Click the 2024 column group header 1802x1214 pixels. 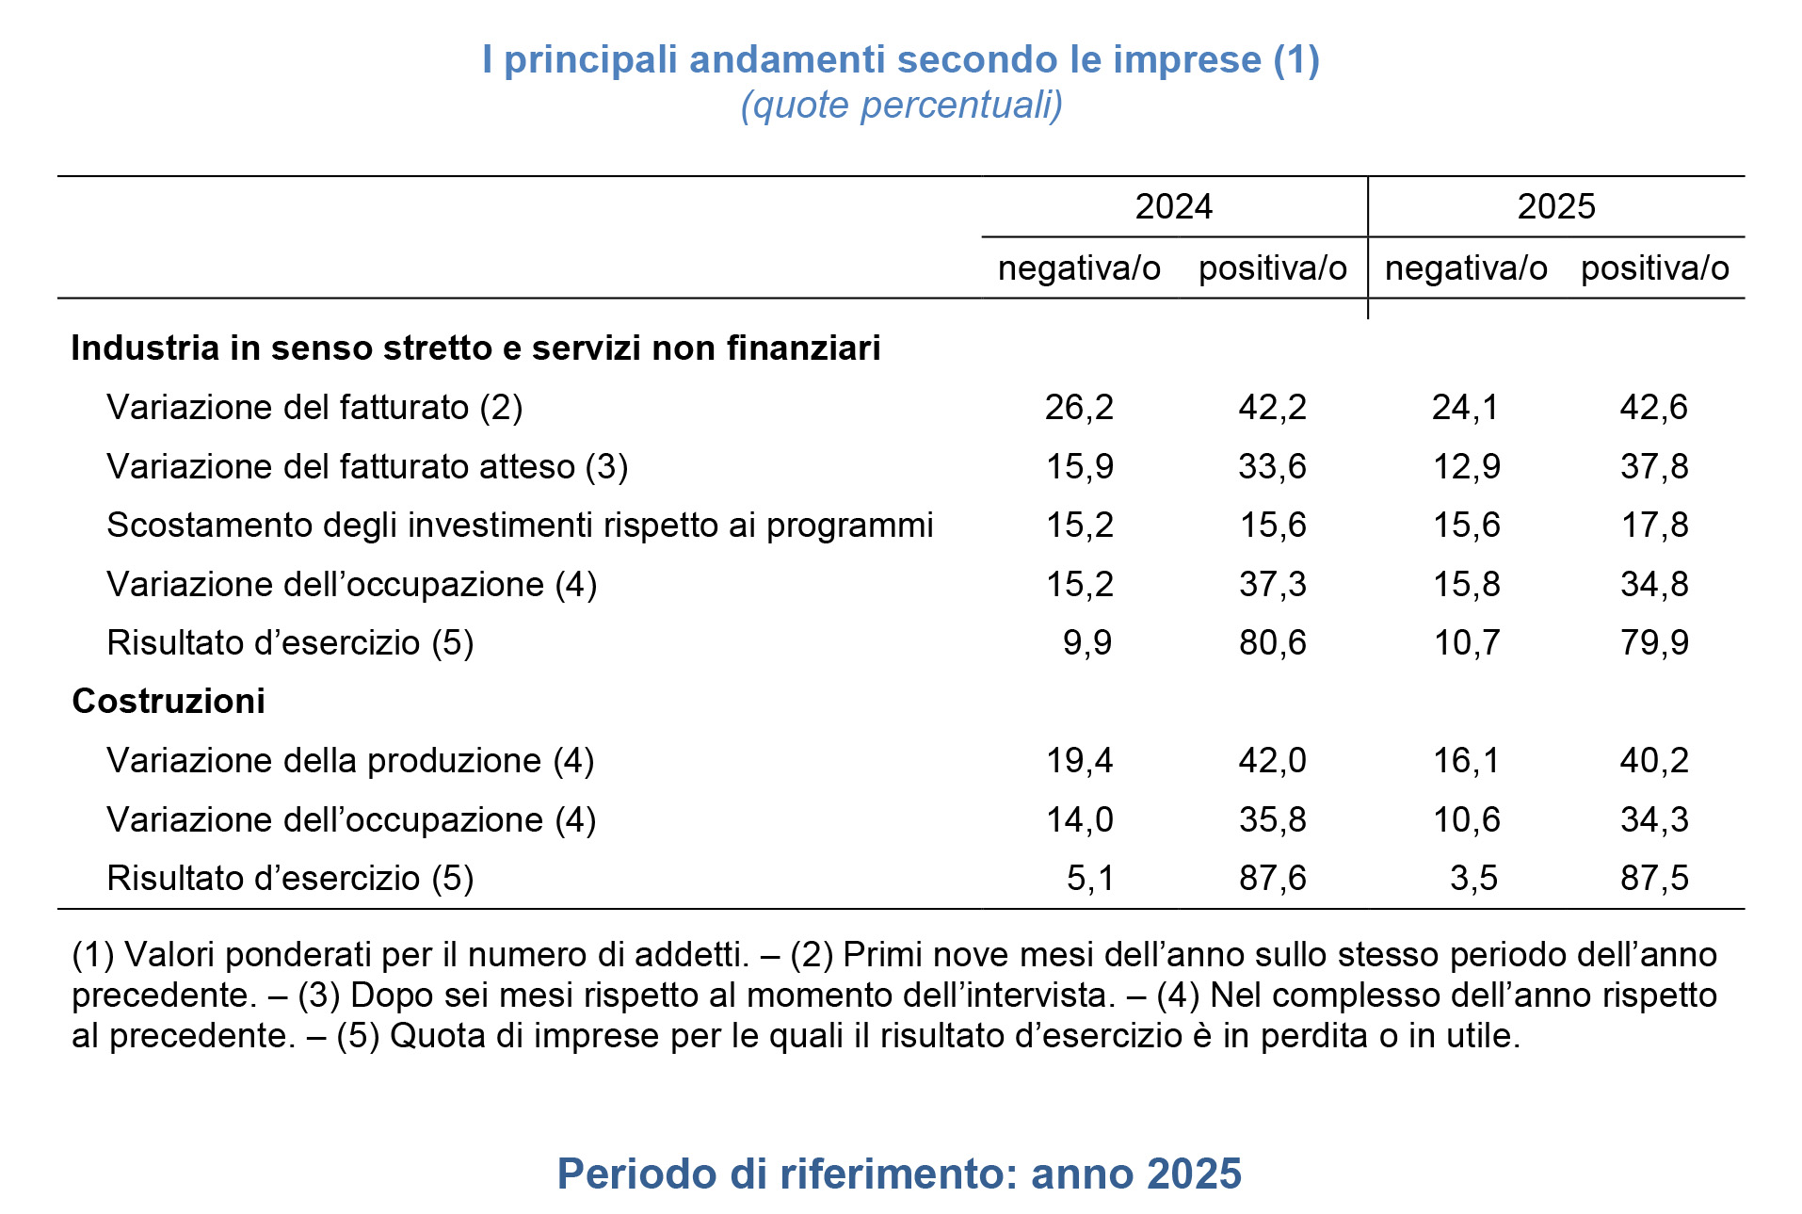(1173, 206)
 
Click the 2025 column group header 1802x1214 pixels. (1555, 206)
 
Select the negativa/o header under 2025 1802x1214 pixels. (1465, 268)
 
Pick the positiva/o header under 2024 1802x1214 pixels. (1272, 268)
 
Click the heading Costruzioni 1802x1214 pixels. (169, 702)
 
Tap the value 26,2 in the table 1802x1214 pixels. (1079, 408)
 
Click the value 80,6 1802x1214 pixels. (1272, 643)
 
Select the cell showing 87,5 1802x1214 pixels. (1653, 879)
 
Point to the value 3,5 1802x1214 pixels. (1473, 879)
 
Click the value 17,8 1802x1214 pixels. (1653, 526)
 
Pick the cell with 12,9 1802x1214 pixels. (1466, 467)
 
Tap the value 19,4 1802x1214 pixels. (1079, 761)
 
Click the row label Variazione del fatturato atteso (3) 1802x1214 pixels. (367, 467)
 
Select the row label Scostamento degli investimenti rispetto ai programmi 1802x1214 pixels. (520, 526)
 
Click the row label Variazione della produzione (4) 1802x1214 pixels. (350, 761)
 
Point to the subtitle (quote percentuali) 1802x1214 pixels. (901, 105)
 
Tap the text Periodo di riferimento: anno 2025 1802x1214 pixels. (899, 1174)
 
